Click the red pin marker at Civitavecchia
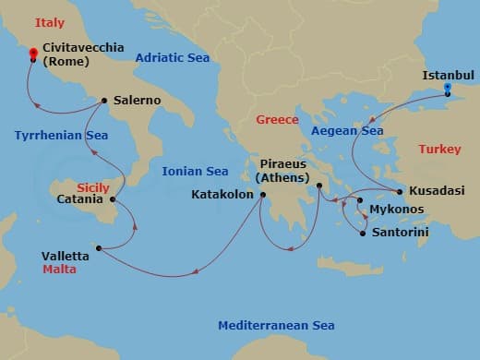[33, 54]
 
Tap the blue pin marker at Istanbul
[448, 90]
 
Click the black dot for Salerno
[104, 101]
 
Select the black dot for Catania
[113, 198]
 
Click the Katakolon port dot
[263, 195]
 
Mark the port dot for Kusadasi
[400, 191]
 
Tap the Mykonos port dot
[360, 200]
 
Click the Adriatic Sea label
[173, 58]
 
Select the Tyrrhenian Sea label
[62, 136]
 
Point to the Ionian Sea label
[195, 171]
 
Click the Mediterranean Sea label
[276, 326]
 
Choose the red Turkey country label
[438, 149]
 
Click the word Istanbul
[447, 74]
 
